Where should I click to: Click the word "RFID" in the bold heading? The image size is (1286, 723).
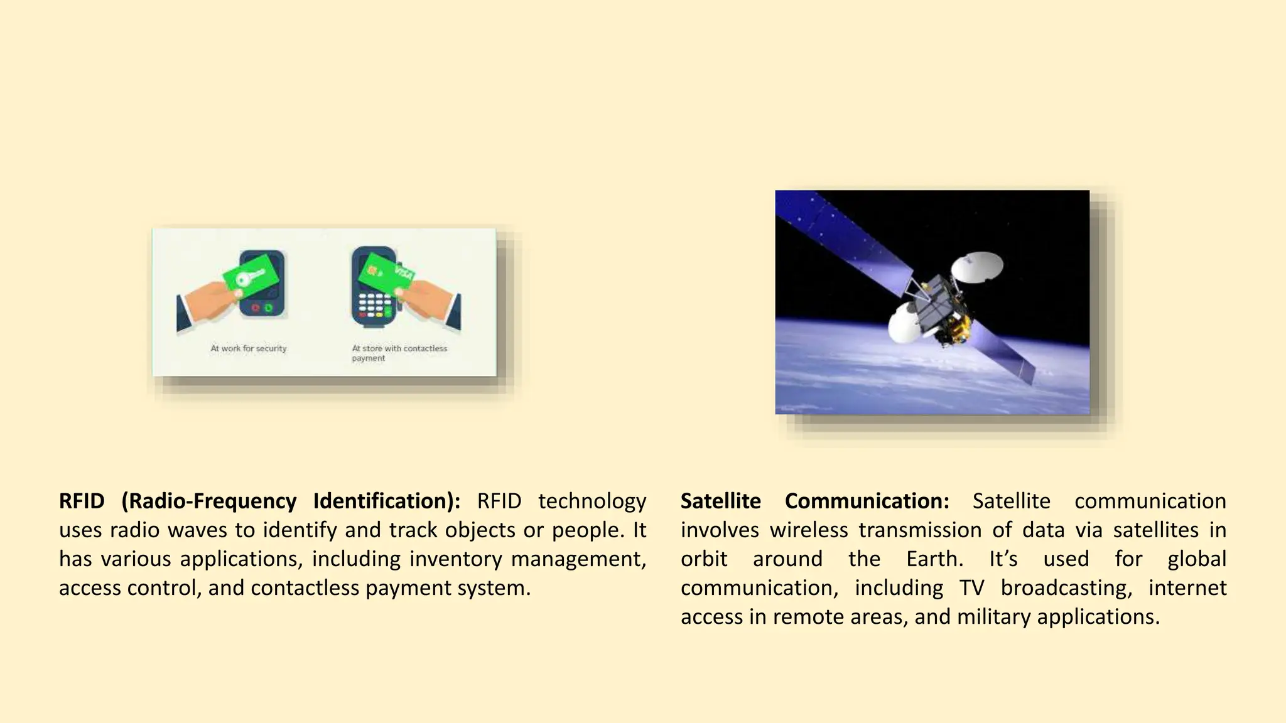(x=82, y=501)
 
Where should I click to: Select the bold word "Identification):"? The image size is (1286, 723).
(x=387, y=501)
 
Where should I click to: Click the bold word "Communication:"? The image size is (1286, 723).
(x=867, y=501)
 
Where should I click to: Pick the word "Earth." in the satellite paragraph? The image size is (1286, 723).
(x=934, y=559)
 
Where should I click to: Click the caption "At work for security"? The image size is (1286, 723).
(x=249, y=348)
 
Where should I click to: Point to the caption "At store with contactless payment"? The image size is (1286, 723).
(x=399, y=353)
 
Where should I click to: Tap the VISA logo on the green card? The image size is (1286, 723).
(x=403, y=274)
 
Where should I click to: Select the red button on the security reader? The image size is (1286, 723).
(x=256, y=308)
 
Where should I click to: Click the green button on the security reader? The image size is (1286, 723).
(x=268, y=308)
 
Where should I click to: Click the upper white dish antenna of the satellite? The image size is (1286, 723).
(x=977, y=267)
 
